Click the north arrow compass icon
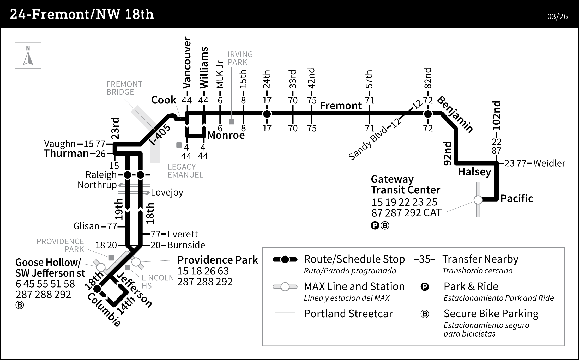(28, 56)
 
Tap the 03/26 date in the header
(557, 16)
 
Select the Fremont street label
(341, 106)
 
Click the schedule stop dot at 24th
(267, 114)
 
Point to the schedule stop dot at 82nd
(428, 114)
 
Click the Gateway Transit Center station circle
(478, 200)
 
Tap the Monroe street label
(226, 135)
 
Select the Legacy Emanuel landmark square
(179, 145)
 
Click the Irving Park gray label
(240, 58)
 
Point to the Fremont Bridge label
(124, 88)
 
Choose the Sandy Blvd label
(368, 143)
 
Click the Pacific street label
(516, 199)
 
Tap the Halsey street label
(474, 172)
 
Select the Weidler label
(549, 163)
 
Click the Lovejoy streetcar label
(167, 193)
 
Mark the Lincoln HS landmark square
(128, 267)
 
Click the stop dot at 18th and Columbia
(97, 289)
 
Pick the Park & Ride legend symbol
(425, 287)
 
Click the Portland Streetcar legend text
(348, 314)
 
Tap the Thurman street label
(66, 154)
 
